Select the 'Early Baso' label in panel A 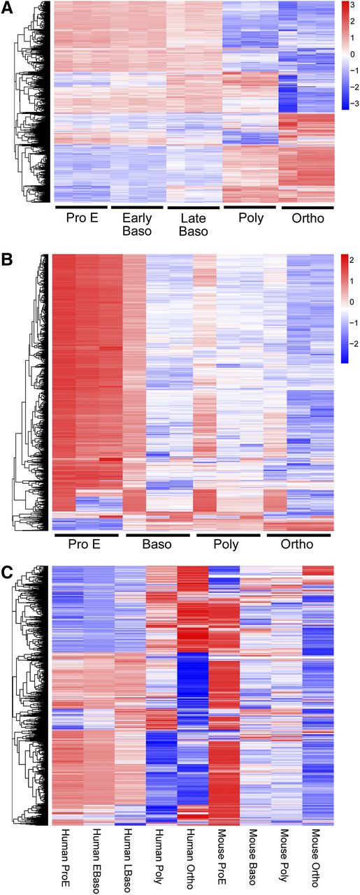pos(137,224)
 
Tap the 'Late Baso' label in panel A pos(194,224)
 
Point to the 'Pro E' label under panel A pos(80,217)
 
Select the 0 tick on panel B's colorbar pos(352,301)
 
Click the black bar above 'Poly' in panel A pos(250,207)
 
